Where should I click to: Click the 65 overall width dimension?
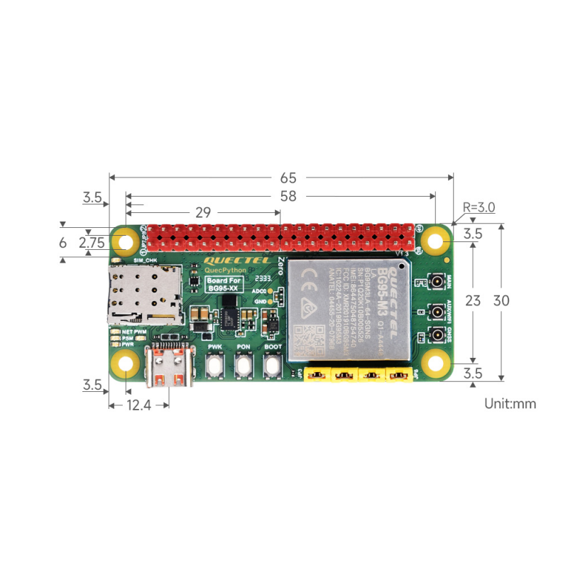pos(287,177)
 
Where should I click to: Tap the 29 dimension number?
pos(204,212)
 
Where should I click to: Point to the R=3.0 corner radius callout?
pos(479,207)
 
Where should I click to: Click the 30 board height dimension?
pos(501,300)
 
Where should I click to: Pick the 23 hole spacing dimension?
pos(473,300)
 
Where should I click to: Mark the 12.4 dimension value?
pos(139,405)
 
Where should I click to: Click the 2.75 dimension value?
pos(92,242)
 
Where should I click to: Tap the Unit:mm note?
pos(510,404)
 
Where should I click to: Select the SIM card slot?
pos(144,293)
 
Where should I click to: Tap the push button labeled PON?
pos(244,366)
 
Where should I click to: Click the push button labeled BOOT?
pos(273,366)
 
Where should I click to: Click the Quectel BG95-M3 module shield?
pos(348,309)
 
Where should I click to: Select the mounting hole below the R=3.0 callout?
pos(435,242)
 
